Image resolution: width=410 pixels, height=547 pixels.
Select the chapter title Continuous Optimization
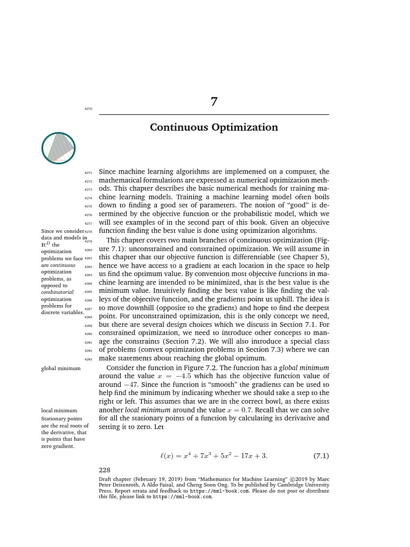click(214, 127)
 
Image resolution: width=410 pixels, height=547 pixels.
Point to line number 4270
click(89, 108)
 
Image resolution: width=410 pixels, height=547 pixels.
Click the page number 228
click(105, 470)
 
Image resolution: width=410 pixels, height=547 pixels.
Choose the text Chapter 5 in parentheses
click(309, 257)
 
